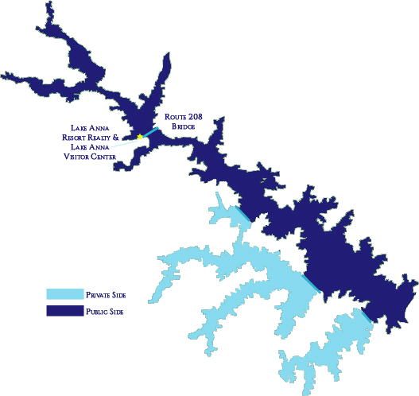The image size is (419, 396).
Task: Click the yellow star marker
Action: [x=140, y=137]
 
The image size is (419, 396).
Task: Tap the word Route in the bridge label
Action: [x=175, y=117]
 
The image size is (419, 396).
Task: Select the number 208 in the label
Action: [x=194, y=117]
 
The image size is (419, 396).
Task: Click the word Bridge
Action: [x=179, y=126]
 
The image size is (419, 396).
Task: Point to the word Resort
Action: [x=80, y=137]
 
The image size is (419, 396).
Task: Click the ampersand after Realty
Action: [x=127, y=137]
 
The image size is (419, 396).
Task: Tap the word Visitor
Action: [x=80, y=156]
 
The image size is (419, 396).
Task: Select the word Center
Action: [x=106, y=156]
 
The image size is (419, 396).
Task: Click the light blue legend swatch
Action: [x=64, y=294]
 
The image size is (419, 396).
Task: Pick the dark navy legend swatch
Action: [x=64, y=310]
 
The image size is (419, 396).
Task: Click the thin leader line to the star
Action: [x=126, y=142]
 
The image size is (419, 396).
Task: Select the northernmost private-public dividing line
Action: [x=246, y=214]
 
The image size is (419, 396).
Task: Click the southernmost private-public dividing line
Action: [x=366, y=316]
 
